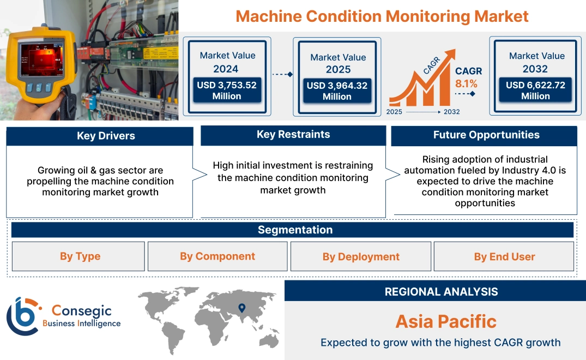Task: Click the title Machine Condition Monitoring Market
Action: click(382, 16)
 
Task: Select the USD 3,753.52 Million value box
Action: click(226, 91)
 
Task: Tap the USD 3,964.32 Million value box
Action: click(337, 91)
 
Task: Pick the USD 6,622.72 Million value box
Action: click(535, 91)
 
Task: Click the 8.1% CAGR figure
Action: click(466, 83)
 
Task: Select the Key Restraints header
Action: click(293, 135)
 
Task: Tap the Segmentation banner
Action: click(295, 230)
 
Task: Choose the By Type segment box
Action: click(80, 256)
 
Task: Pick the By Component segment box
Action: click(218, 256)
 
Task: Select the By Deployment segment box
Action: click(361, 257)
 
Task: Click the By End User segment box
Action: click(504, 257)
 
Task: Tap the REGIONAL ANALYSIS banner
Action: click(441, 291)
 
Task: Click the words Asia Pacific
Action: click(446, 321)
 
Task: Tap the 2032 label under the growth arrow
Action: click(451, 112)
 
